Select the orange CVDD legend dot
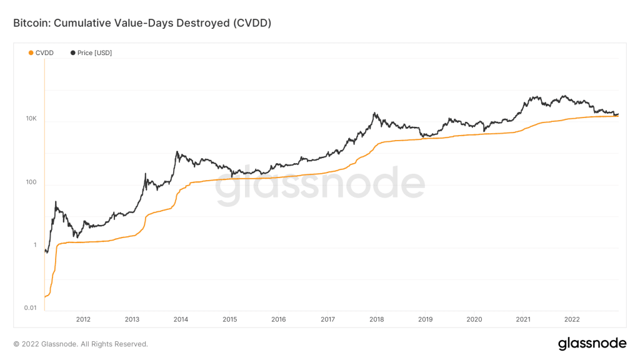coord(31,53)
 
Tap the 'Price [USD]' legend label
coord(94,53)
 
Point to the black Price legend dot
coord(73,53)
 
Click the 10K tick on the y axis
coord(31,119)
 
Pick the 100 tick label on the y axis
coord(32,182)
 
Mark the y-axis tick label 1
coord(35,245)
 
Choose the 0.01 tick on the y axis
coord(31,308)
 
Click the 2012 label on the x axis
coord(83,319)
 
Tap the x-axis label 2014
coord(181,319)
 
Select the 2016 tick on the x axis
coord(279,319)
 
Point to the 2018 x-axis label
coord(376,319)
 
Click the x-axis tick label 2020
coord(474,319)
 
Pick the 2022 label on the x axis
coord(572,319)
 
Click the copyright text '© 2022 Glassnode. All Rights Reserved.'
coord(81,344)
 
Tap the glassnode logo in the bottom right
coord(592,343)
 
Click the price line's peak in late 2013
coord(177,152)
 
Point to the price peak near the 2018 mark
coord(374,113)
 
